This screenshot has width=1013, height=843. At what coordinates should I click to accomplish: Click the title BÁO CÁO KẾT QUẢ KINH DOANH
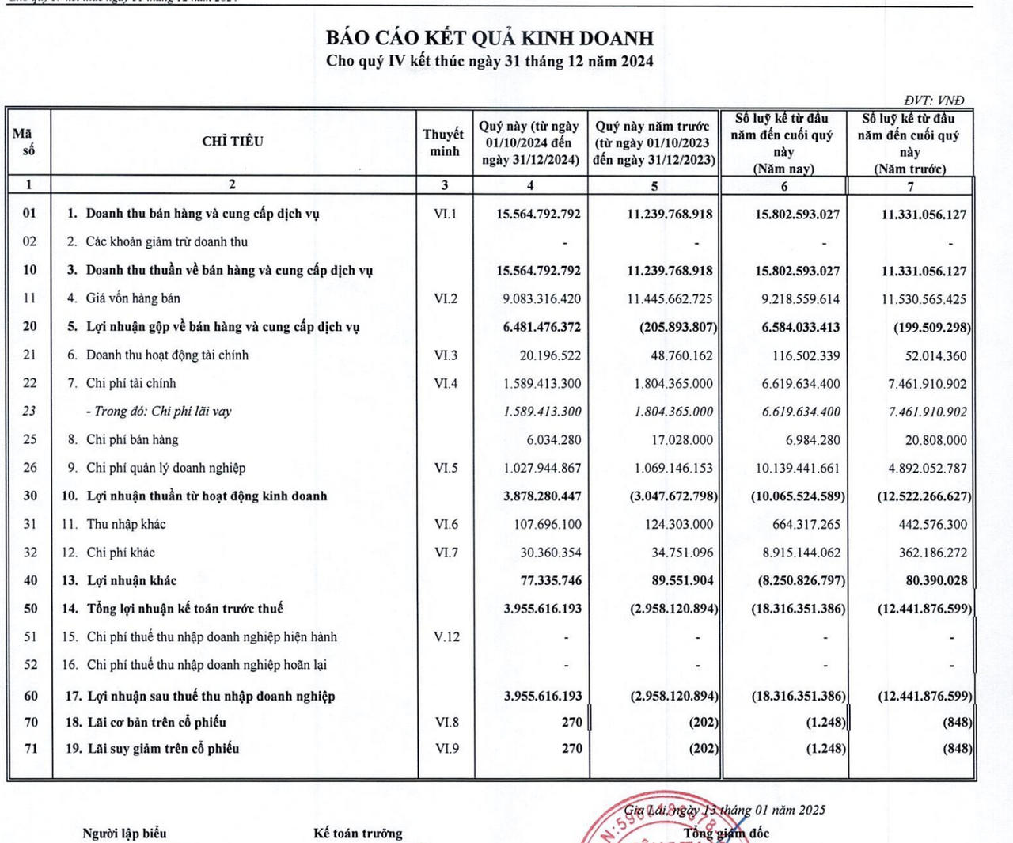(490, 37)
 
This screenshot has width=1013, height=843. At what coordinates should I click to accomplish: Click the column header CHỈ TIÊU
(233, 141)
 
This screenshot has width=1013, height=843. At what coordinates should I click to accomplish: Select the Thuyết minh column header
(444, 142)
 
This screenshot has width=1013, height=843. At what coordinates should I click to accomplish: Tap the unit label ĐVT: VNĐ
(934, 100)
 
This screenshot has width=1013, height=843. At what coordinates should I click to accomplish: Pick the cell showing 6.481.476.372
(541, 327)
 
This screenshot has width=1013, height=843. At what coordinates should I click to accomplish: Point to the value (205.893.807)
(678, 327)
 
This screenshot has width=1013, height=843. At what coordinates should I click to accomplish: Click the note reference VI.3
(446, 355)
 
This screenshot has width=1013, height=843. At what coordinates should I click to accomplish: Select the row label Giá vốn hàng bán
(133, 298)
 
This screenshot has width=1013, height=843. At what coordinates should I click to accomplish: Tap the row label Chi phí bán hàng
(132, 439)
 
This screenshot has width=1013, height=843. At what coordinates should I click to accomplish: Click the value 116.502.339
(806, 355)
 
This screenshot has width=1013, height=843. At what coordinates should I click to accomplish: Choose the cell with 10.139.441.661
(797, 468)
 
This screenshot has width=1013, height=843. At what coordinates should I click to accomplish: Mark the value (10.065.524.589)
(798, 496)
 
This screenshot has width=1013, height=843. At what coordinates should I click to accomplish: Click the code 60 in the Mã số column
(30, 696)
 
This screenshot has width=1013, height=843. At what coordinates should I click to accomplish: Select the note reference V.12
(446, 636)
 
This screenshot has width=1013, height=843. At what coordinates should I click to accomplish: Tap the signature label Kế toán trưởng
(358, 833)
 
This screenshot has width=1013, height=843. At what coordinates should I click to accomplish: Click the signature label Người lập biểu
(124, 833)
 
